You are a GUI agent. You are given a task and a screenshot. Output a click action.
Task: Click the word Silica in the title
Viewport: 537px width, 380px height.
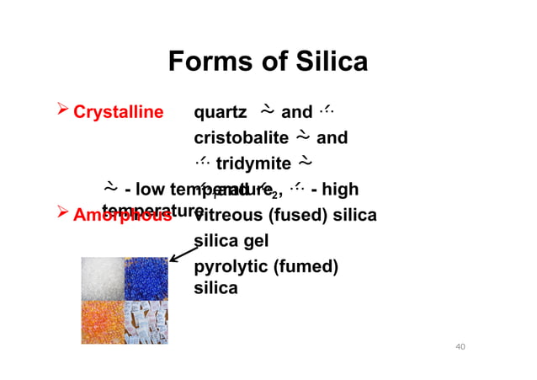328,62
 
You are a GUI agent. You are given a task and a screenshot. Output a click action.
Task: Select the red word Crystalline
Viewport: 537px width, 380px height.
118,113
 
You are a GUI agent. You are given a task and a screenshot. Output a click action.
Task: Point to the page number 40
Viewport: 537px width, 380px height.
459,347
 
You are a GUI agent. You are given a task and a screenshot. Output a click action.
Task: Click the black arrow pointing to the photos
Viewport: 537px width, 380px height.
184,251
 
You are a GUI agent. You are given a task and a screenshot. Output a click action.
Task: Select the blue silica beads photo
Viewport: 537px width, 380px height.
146,278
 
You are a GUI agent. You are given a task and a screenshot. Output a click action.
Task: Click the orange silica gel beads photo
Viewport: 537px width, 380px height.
102,323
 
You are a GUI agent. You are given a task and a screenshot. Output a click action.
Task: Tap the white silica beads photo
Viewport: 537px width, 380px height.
102,278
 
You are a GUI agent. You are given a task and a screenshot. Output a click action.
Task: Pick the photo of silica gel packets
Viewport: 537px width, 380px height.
146,323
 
